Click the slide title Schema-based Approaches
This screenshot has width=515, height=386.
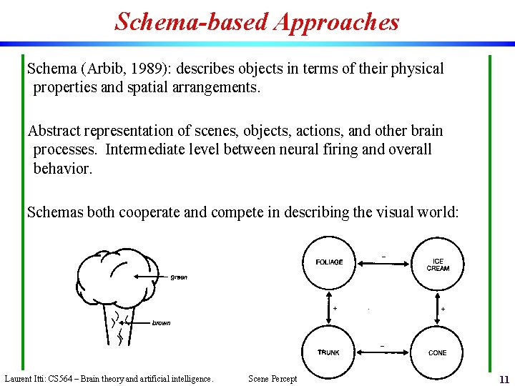(x=257, y=21)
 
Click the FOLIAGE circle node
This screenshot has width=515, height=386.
(x=329, y=262)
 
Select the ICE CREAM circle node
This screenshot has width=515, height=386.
(x=438, y=264)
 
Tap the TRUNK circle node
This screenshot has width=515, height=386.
(x=329, y=352)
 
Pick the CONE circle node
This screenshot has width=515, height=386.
(x=438, y=352)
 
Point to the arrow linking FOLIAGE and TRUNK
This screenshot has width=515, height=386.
(x=329, y=307)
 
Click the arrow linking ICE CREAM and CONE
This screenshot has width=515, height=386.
(x=438, y=307)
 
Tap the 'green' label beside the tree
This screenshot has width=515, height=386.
(x=179, y=277)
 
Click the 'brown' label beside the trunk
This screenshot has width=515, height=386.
(x=161, y=323)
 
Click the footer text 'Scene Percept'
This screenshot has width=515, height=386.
(x=272, y=379)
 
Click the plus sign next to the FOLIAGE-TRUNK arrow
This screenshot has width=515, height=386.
(x=335, y=308)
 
